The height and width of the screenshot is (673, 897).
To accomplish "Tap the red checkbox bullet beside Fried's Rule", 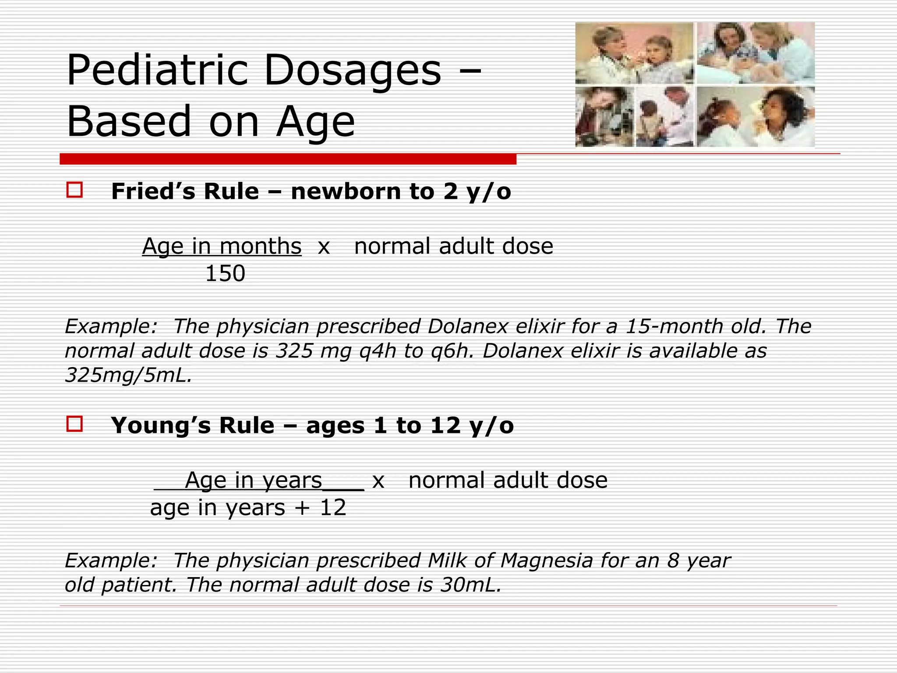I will (74, 190).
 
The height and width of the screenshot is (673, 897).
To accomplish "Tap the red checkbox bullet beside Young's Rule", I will (74, 424).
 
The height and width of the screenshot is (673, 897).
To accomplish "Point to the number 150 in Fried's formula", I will (225, 273).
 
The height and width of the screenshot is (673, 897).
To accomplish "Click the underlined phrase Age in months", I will (222, 246).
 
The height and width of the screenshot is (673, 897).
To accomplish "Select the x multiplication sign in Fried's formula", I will (324, 247).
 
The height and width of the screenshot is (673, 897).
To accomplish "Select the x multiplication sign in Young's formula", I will (378, 481).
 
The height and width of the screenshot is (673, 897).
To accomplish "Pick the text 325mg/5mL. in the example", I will (128, 375).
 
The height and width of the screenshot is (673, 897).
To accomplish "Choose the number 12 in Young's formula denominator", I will (333, 508).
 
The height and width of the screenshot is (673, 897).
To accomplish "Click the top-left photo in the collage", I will (634, 53).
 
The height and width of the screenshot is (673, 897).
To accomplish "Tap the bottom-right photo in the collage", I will (756, 117).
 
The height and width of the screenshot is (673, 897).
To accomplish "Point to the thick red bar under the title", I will (288, 159).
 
